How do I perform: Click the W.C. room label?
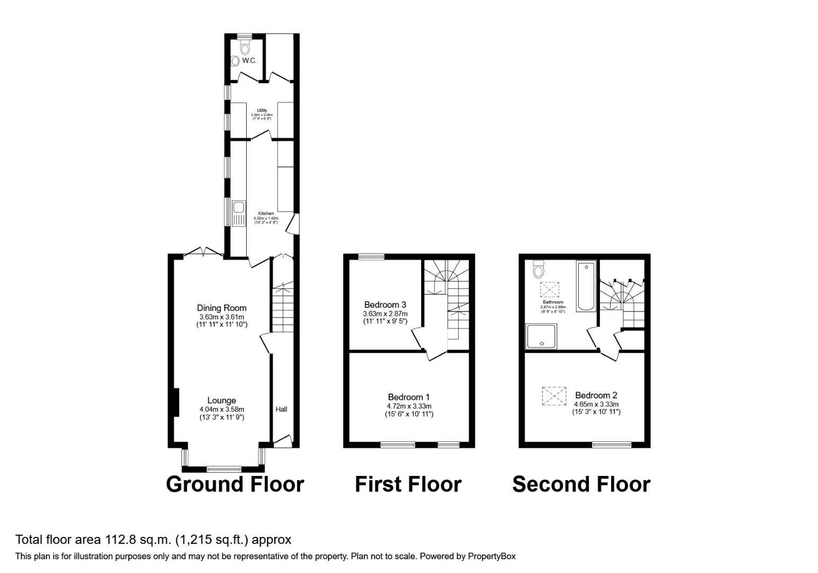[249, 60]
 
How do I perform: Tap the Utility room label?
[262, 110]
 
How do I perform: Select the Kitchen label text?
[266, 213]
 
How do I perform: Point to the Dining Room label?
[221, 308]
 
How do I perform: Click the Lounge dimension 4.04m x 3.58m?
[222, 409]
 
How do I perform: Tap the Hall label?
[281, 409]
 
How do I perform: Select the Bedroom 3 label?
[385, 305]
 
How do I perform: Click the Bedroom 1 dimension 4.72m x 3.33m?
[408, 406]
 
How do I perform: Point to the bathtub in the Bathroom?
[586, 285]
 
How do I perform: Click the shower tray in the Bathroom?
[541, 336]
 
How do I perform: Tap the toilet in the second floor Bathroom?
[538, 269]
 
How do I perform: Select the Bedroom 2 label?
[596, 395]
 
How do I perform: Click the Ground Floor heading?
[234, 484]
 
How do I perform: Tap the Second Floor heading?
[581, 484]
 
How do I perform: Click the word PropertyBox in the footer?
[492, 557]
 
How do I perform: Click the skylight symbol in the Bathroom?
[550, 290]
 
